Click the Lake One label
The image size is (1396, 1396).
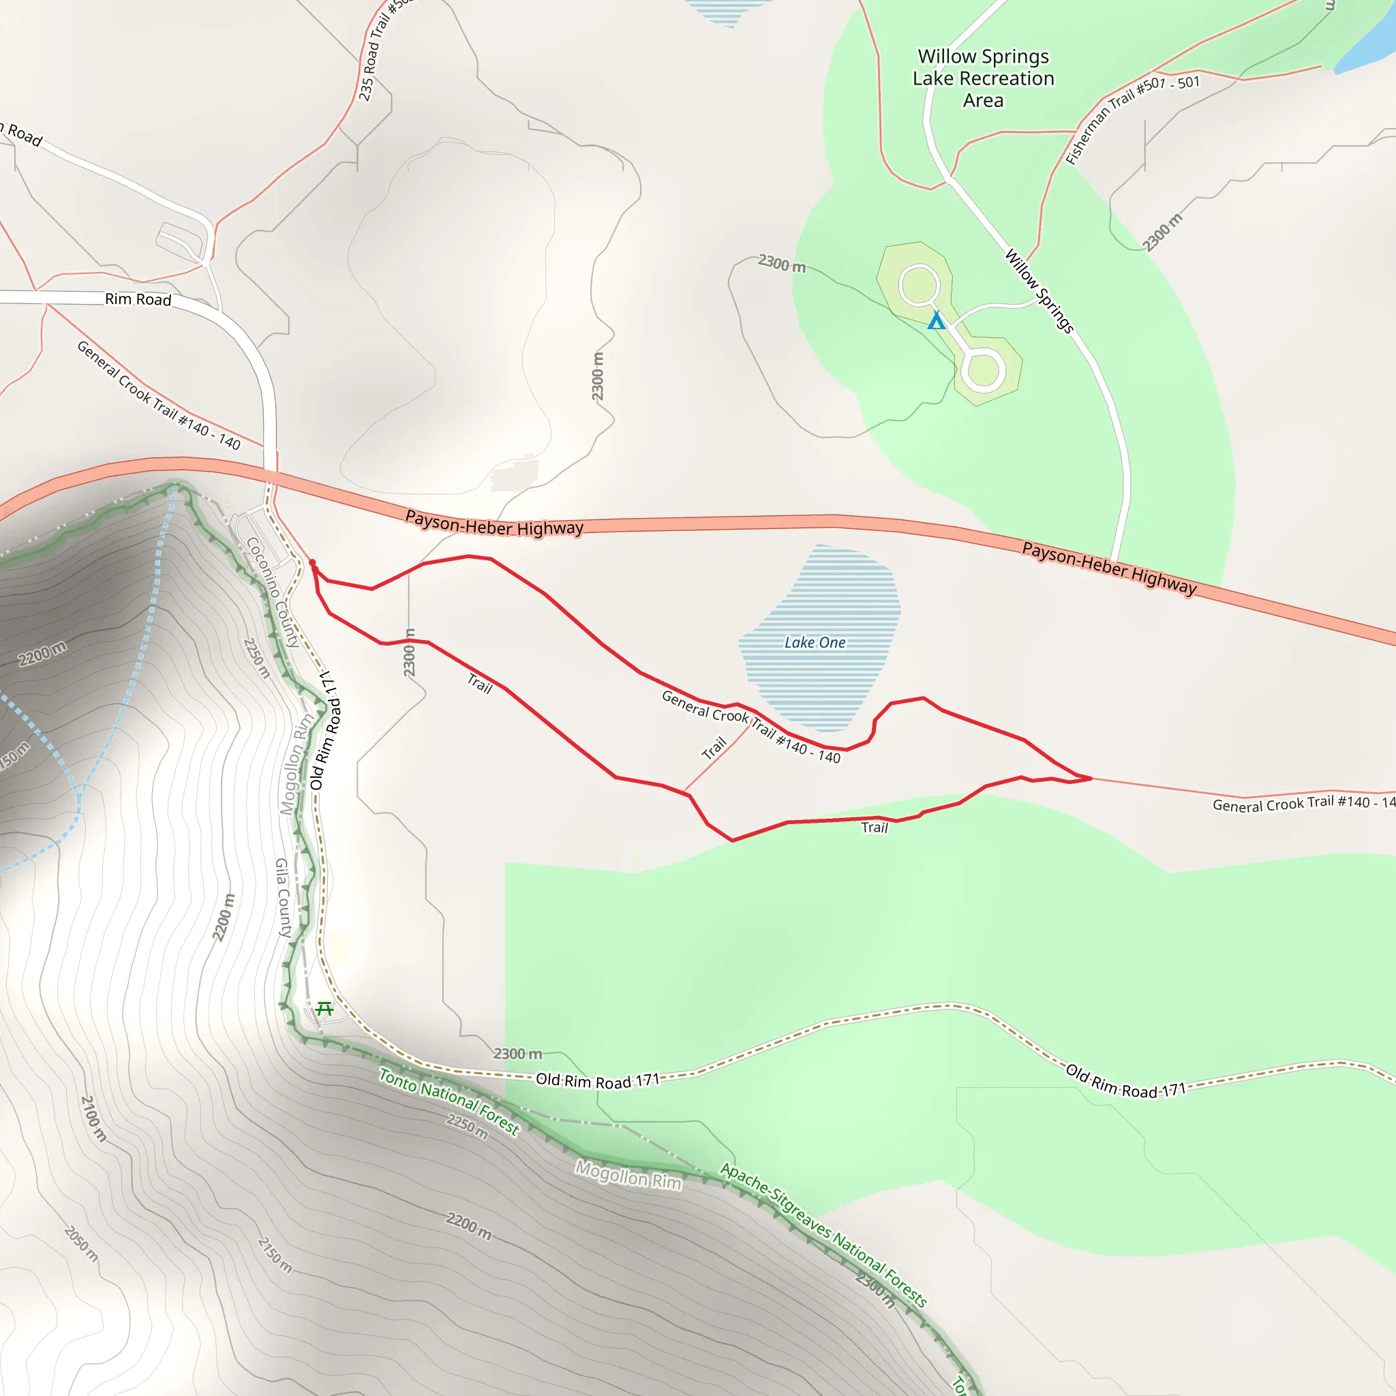click(815, 642)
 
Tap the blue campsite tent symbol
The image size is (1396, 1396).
click(937, 320)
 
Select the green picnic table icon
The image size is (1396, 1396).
click(324, 1008)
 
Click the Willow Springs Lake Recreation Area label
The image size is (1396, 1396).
click(983, 78)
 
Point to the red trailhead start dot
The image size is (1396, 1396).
click(312, 563)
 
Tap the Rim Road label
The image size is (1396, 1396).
click(138, 299)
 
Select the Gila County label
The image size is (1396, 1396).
click(284, 898)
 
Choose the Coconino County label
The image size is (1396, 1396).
click(273, 592)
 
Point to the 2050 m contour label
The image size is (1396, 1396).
click(81, 1243)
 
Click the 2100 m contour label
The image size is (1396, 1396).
click(93, 1119)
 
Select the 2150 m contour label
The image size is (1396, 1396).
click(275, 1254)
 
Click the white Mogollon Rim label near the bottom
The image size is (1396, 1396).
click(628, 1175)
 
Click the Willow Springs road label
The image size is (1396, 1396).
click(1039, 290)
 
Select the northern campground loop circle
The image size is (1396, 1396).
click(918, 286)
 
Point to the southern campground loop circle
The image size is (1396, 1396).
click(982, 371)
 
